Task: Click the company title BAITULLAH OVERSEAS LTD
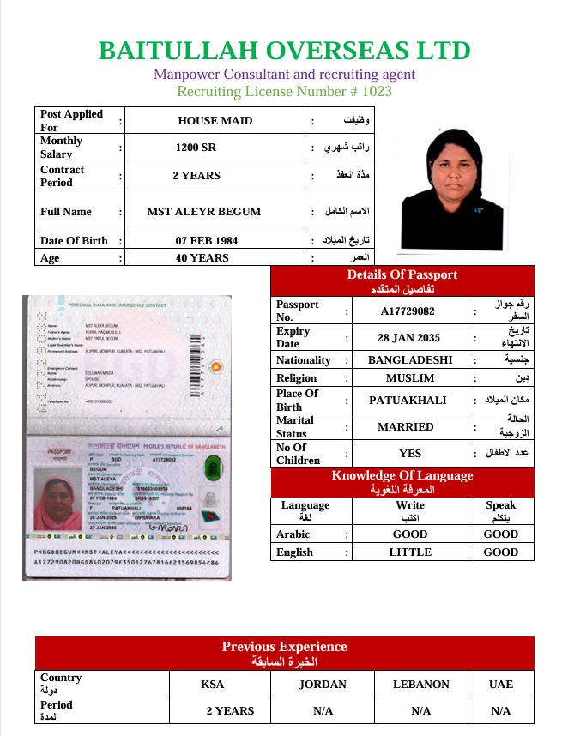[x=284, y=51]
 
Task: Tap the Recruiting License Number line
[x=284, y=92]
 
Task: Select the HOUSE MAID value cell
[x=215, y=121]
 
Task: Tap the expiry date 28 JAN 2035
[x=408, y=338]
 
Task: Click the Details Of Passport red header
[x=402, y=281]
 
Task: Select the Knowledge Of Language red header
[x=402, y=482]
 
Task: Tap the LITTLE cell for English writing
[x=410, y=552]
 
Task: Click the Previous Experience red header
[x=284, y=654]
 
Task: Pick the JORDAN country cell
[x=323, y=685]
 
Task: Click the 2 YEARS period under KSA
[x=230, y=711]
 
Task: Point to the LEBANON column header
[x=420, y=685]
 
